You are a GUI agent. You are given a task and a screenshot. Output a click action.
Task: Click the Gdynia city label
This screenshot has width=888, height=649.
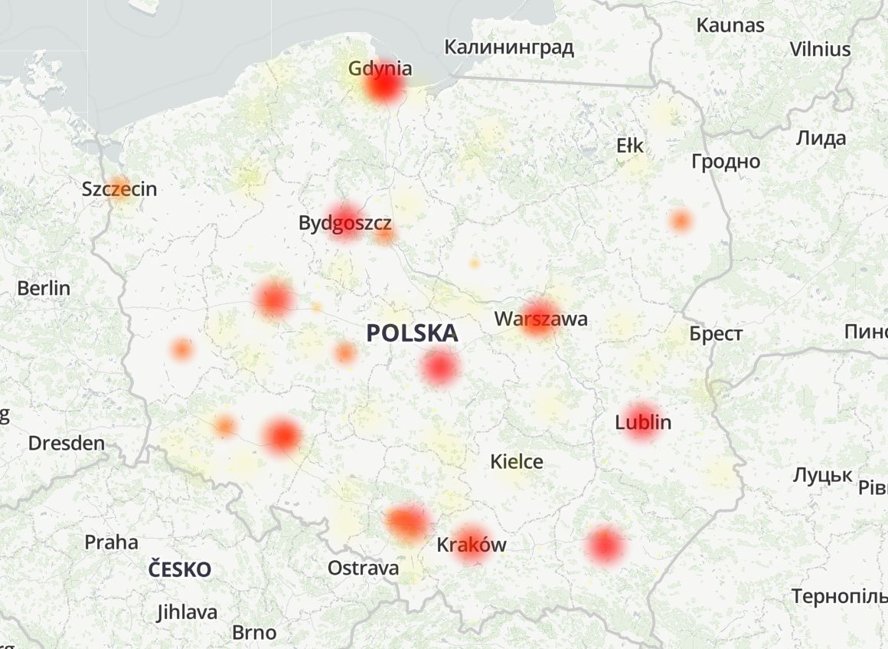point(380,68)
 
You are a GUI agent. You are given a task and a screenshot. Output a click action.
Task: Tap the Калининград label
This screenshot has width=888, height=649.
point(508,48)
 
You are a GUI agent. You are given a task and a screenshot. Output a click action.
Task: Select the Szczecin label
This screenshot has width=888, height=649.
point(119,188)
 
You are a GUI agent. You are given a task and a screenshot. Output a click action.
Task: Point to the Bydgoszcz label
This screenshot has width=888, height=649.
point(345,224)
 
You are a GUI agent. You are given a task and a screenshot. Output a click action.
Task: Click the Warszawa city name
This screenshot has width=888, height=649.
point(540,319)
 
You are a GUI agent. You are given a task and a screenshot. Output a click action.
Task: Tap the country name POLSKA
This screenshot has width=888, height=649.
point(411,333)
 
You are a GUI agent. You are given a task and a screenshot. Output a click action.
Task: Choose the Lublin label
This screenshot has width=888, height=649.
point(643,422)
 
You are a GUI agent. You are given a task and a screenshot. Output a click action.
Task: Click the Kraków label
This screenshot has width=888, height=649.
point(471,545)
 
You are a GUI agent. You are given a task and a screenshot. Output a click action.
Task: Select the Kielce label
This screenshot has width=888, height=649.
point(517,461)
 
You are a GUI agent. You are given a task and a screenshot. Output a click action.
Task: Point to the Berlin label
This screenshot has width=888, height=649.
point(43,288)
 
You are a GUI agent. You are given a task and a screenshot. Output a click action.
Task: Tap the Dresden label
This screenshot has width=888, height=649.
point(66,443)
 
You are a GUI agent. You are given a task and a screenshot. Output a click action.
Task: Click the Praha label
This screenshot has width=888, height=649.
point(111,542)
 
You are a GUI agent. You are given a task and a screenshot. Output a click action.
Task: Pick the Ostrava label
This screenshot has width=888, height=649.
point(363,568)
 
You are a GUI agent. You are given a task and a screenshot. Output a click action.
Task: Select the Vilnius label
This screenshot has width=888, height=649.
point(820,49)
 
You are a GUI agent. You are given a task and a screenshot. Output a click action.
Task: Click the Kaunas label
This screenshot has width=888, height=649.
point(730,25)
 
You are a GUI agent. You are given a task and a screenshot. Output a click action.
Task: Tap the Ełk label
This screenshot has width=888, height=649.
point(630,146)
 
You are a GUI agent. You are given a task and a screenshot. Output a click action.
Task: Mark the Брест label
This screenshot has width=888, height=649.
point(715,334)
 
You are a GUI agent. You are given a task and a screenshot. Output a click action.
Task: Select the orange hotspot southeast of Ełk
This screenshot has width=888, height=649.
point(680,221)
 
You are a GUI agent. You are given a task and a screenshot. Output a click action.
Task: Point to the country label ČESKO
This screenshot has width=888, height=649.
point(179,569)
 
